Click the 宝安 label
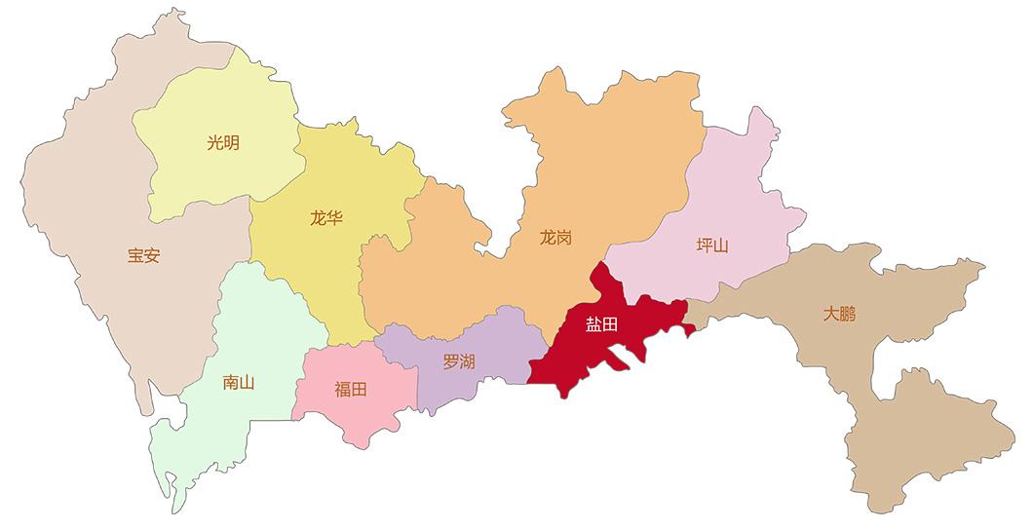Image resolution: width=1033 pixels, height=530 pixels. click(x=143, y=256)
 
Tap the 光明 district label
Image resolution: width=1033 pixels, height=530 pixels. click(x=222, y=143)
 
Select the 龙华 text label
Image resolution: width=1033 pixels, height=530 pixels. click(x=326, y=218)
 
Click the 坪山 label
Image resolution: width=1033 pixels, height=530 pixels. click(x=712, y=245)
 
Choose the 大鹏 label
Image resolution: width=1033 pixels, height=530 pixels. click(x=838, y=314)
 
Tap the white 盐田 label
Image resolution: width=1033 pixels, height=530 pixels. click(x=601, y=324)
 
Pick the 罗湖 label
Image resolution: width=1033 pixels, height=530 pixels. click(x=459, y=361)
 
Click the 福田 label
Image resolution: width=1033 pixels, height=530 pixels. click(x=351, y=390)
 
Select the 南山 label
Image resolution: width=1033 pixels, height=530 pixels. click(x=239, y=382)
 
